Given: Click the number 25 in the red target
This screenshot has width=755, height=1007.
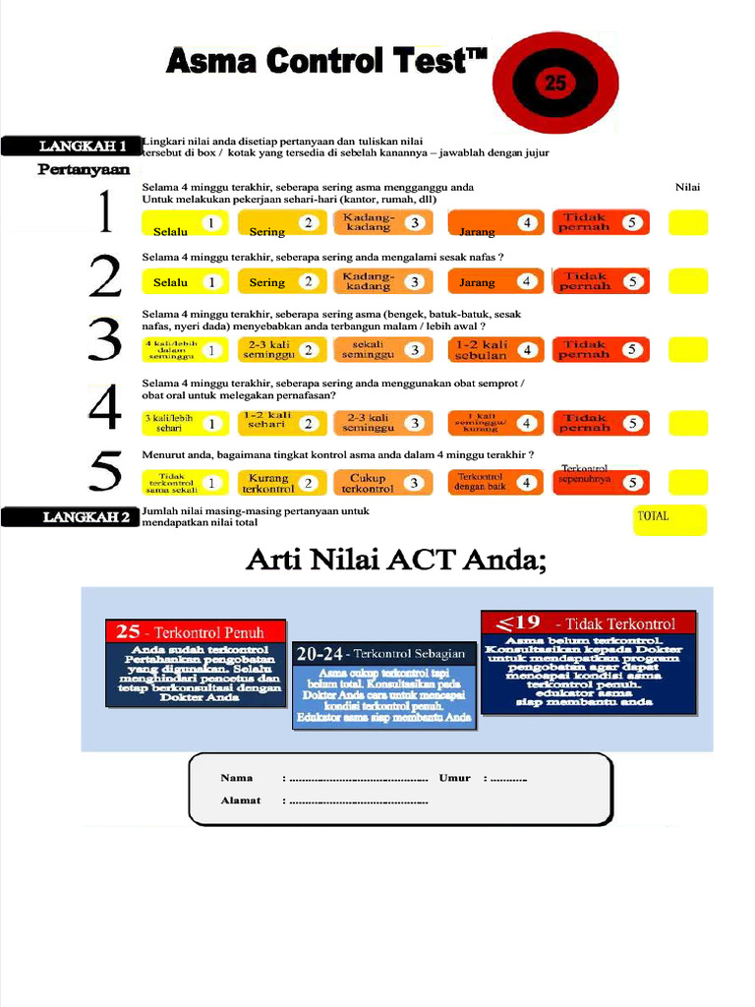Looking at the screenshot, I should click(x=555, y=85).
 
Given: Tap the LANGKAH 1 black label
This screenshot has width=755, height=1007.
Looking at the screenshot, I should click(x=71, y=147).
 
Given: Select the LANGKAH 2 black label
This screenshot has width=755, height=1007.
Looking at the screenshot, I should click(x=71, y=517).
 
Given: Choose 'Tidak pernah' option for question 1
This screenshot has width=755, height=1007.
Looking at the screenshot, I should click(x=600, y=222).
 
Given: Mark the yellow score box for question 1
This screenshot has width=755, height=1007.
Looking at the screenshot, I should click(x=687, y=223).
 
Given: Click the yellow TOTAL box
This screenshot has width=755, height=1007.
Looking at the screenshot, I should click(x=668, y=519).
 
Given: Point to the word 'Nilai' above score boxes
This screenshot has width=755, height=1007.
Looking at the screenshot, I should click(x=688, y=187).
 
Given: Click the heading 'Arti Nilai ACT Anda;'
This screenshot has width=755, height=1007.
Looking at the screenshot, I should click(x=395, y=562).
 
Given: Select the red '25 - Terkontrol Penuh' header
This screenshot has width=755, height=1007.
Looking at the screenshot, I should click(x=196, y=632).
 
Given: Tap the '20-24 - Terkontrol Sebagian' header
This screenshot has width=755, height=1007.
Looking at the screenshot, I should click(x=384, y=653).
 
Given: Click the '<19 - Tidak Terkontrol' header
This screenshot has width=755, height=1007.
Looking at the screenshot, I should click(x=587, y=622).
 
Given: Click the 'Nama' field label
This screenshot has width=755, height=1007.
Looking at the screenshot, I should click(x=238, y=778).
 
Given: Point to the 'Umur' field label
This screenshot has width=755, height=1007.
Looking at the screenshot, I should click(x=455, y=778).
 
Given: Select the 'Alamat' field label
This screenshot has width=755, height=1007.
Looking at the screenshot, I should click(x=241, y=800).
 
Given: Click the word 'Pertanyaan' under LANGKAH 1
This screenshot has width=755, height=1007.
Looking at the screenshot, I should click(x=84, y=169).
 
